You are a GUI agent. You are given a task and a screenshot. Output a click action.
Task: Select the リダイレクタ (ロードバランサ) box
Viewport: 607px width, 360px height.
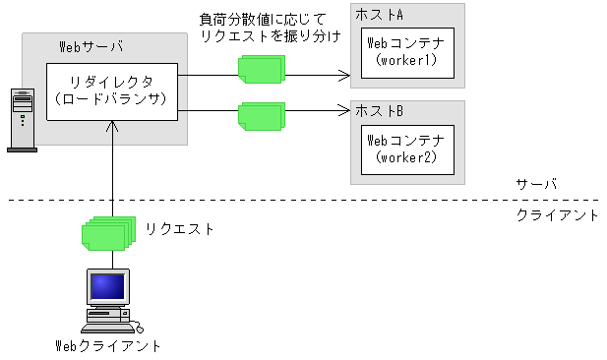111,90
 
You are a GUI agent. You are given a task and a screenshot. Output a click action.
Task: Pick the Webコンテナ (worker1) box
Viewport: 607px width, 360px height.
405,53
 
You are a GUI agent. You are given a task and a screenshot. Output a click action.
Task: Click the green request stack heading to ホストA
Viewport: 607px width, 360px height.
260,68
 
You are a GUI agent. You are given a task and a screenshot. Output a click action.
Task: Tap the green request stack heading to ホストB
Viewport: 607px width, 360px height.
260,116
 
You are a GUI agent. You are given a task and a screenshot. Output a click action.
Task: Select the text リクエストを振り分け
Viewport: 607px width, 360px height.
270,35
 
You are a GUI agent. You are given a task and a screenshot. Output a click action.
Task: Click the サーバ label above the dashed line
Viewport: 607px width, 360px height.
536,185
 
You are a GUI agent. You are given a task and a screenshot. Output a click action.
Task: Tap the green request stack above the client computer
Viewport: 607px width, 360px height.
106,235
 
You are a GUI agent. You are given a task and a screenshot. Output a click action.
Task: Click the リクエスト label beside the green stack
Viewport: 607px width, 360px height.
180,229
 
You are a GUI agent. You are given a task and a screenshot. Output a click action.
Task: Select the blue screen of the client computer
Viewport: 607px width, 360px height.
107,287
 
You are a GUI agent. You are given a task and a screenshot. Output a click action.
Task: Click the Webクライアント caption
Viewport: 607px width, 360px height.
107,345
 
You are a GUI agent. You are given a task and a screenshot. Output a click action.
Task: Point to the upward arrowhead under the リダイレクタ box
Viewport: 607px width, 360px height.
114,126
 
